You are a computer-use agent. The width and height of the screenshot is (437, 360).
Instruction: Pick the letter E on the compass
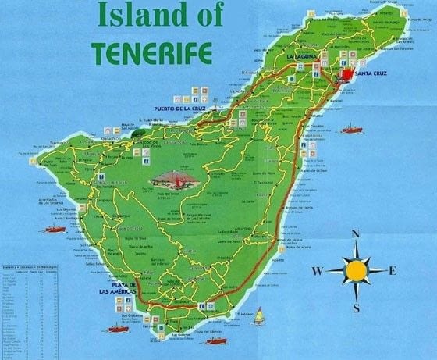pyautogui.click(x=393, y=272)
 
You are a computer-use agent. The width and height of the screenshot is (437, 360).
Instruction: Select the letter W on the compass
pyautogui.click(x=318, y=272)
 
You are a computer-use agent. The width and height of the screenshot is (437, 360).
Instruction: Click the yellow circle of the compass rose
pyautogui.click(x=357, y=271)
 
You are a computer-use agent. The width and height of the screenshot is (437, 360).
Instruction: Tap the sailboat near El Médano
pyautogui.click(x=258, y=318)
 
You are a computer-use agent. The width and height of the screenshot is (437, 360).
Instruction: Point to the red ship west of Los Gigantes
pyautogui.click(x=55, y=228)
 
